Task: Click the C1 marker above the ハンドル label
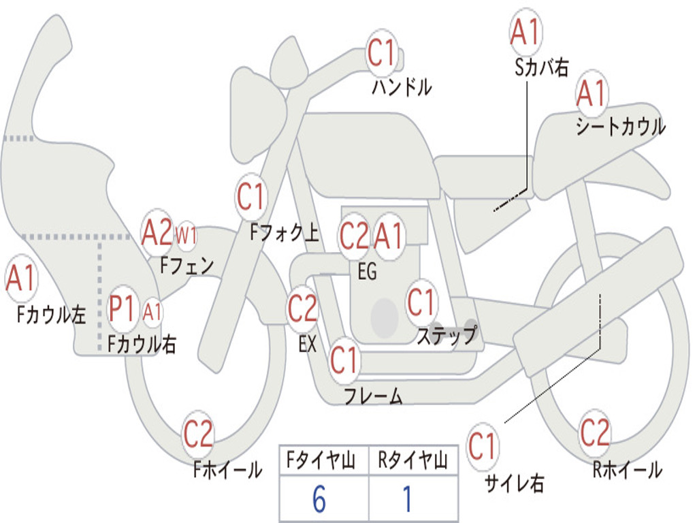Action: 381,52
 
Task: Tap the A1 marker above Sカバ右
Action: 525,31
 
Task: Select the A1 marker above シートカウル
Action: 591,93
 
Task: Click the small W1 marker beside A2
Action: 186,236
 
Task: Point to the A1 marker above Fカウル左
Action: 20,279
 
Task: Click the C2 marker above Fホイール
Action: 198,434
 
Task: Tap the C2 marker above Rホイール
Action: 595,432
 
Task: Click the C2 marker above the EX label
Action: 302,308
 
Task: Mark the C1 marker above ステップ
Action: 421,302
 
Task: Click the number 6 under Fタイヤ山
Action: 319,500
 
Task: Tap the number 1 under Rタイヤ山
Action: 407,500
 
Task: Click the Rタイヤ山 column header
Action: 412,462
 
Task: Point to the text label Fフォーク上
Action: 284,234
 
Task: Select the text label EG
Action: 367,272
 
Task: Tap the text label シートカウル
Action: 620,127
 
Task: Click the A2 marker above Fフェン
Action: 157,234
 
